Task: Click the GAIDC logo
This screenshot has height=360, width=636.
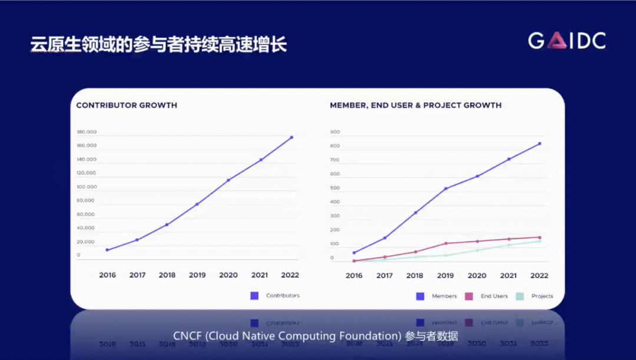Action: point(567,41)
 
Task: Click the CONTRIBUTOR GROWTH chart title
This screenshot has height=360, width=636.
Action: point(127,105)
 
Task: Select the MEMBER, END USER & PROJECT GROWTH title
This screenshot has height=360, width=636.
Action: point(416,105)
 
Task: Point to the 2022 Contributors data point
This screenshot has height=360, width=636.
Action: point(291,137)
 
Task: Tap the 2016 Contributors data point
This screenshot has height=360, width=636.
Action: point(107,250)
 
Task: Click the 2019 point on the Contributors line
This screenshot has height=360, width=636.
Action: point(197,204)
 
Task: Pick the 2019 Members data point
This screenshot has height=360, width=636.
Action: point(446,189)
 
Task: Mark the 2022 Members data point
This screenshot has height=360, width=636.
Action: point(539,144)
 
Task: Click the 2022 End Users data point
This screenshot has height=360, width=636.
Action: point(539,237)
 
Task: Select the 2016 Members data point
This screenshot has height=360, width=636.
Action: point(354,253)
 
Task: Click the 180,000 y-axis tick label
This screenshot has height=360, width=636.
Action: point(87,132)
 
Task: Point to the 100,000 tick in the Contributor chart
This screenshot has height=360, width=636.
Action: point(87,187)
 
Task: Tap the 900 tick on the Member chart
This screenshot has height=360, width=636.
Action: point(335,132)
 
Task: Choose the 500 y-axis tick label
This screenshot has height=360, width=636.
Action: point(335,188)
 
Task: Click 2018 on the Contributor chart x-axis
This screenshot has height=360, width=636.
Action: point(167,275)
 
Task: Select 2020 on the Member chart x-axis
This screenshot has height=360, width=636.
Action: point(477,276)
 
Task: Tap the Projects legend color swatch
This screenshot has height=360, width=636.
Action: point(519,296)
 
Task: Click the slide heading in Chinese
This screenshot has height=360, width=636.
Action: point(158,45)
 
